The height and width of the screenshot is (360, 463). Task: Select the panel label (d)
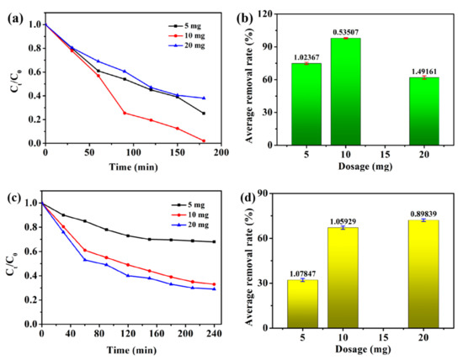pyautogui.click(x=251, y=196)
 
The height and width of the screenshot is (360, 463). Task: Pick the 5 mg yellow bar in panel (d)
pyautogui.click(x=302, y=301)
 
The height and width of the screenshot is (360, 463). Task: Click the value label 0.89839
pyautogui.click(x=423, y=213)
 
